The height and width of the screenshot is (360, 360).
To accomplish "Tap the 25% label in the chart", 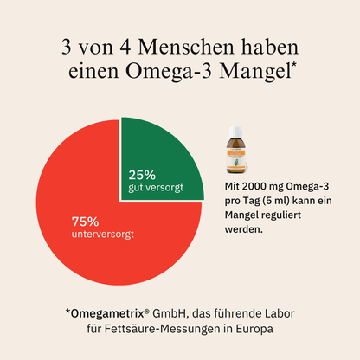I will [x=142, y=173].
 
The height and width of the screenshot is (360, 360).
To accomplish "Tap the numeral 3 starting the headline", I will [x=67, y=44].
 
